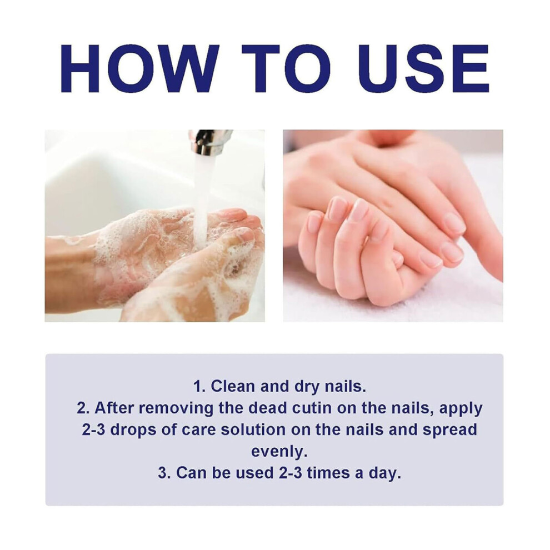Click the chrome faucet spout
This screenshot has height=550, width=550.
pyautogui.click(x=209, y=142)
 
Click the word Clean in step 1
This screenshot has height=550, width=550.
pyautogui.click(x=233, y=386)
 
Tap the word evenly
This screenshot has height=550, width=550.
pyautogui.click(x=279, y=452)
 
